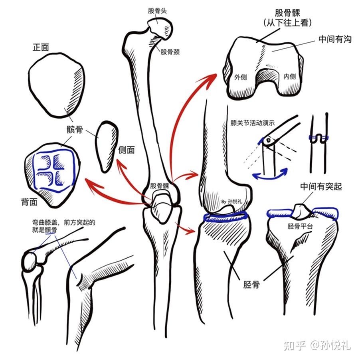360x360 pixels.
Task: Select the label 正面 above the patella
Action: tap(41, 47)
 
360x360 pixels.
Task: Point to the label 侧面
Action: tap(127, 150)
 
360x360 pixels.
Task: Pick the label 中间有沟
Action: tap(335, 39)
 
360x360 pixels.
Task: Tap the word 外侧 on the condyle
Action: tap(241, 77)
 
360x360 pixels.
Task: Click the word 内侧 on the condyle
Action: tap(289, 76)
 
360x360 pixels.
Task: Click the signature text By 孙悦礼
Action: tap(231, 202)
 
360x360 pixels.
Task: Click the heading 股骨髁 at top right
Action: tap(288, 13)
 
